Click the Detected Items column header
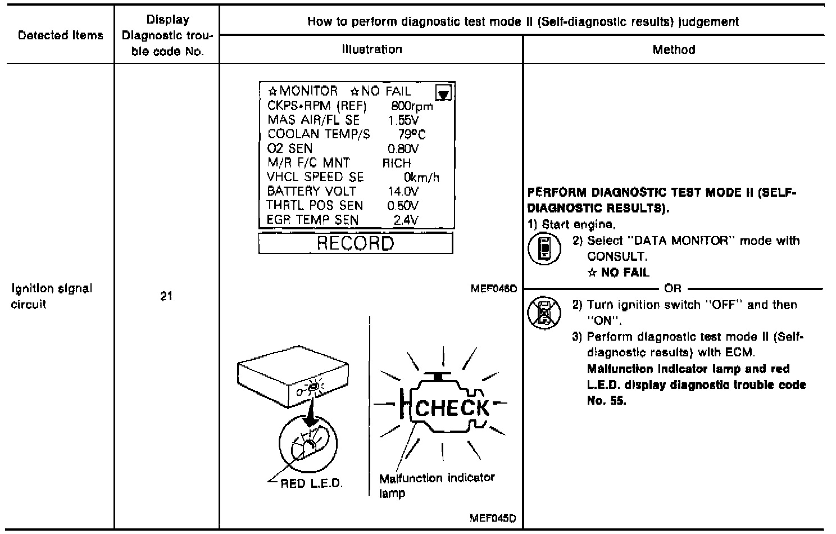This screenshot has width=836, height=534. (60, 35)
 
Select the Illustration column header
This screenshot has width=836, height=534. (372, 49)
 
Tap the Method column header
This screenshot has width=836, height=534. (674, 49)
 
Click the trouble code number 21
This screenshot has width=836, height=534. (166, 296)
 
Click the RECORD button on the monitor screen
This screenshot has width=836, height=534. (355, 243)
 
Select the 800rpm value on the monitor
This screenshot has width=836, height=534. (412, 106)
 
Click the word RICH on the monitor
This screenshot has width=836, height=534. (396, 163)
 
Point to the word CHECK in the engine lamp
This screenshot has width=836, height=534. (452, 408)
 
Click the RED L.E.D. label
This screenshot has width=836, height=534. (311, 483)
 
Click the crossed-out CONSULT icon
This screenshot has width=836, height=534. (544, 313)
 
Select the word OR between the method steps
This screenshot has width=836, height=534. (672, 288)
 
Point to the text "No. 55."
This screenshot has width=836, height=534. (606, 401)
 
